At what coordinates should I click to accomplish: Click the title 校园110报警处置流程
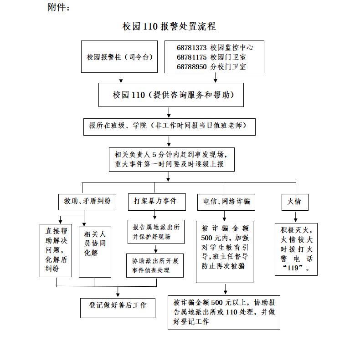pyautogui.click(x=169, y=26)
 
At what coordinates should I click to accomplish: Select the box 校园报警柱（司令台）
pyautogui.click(x=119, y=57)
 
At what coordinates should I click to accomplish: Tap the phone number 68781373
pyautogui.click(x=191, y=47)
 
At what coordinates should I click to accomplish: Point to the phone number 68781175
pyautogui.click(x=191, y=57)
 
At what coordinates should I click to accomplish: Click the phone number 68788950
pyautogui.click(x=191, y=66)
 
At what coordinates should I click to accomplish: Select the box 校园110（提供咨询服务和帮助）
pyautogui.click(x=171, y=95)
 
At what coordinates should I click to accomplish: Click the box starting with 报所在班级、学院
pyautogui.click(x=169, y=126)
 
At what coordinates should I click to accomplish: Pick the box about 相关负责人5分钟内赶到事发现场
pyautogui.click(x=171, y=159)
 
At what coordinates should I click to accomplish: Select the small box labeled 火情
pyautogui.click(x=294, y=201)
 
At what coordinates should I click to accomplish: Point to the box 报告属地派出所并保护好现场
pyautogui.click(x=155, y=232)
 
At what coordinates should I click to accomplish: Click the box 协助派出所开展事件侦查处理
pyautogui.click(x=155, y=265)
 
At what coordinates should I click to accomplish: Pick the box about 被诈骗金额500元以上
pyautogui.click(x=223, y=312)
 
